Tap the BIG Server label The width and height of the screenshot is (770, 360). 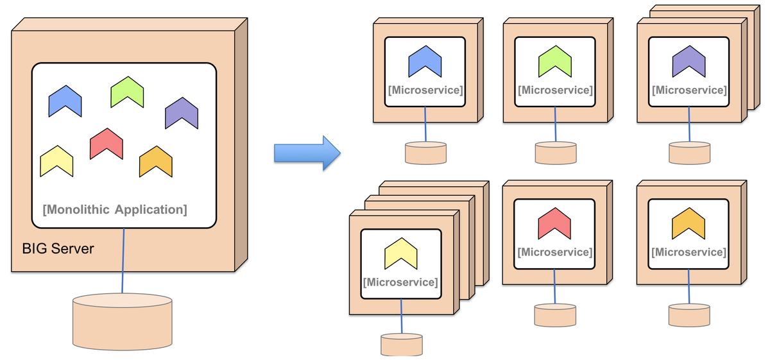[58, 248]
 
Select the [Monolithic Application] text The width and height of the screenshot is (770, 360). [115, 209]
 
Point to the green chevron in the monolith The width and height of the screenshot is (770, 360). [127, 92]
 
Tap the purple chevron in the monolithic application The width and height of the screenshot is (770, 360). [182, 114]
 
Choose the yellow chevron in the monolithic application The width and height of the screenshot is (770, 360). [56, 161]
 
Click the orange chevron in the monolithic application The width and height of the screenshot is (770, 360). [156, 162]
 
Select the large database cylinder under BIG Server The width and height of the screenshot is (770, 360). [123, 321]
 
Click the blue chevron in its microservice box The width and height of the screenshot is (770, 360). [425, 62]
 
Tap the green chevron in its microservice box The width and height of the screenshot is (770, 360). [555, 62]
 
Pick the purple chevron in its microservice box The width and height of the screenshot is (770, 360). [689, 62]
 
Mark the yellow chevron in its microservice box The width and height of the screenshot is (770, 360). [401, 254]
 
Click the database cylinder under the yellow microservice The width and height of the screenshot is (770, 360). [402, 345]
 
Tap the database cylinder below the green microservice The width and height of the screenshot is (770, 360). [556, 153]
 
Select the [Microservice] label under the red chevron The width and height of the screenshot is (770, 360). [555, 252]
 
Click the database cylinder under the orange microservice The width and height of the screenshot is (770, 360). [689, 315]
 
